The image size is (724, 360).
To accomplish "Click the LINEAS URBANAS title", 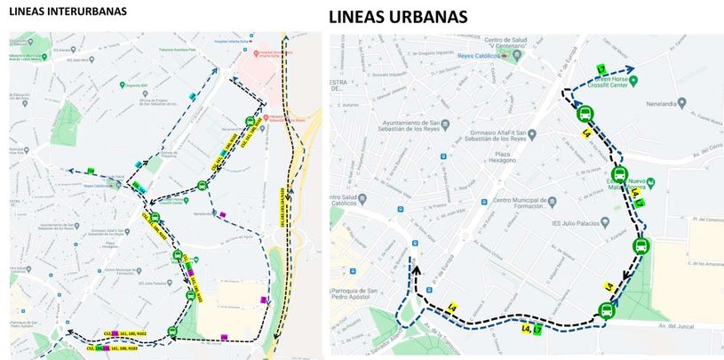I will click(x=398, y=17).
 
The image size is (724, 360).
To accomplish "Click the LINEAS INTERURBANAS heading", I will click(x=68, y=12).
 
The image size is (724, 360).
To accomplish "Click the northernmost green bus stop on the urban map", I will click(x=586, y=114).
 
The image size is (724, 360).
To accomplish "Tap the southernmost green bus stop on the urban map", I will click(x=606, y=310).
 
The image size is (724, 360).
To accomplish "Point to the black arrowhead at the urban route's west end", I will click(x=414, y=265).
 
